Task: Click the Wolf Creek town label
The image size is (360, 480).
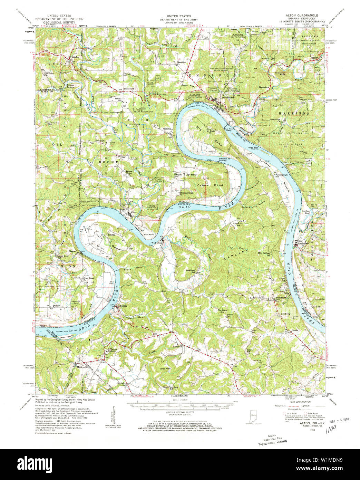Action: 157,243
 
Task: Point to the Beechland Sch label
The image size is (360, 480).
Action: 191,271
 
